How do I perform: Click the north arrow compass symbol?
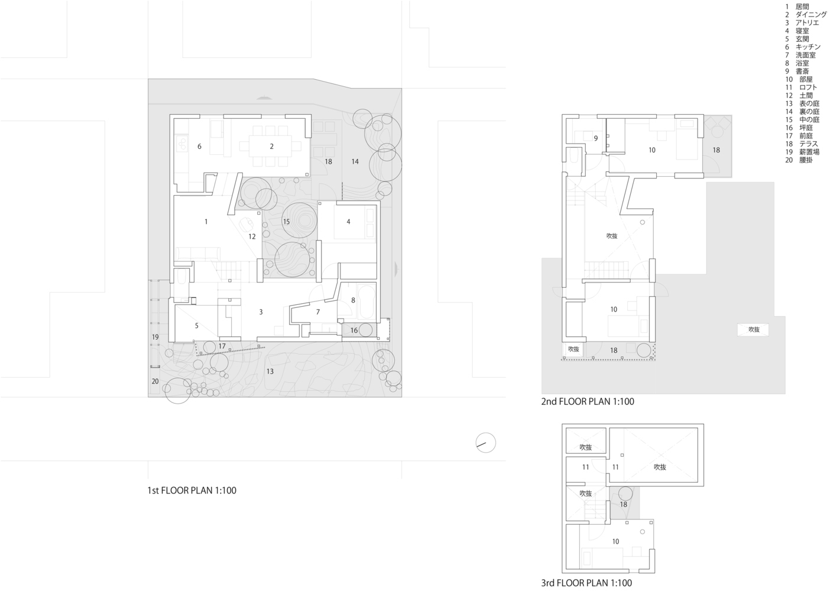click(x=486, y=443)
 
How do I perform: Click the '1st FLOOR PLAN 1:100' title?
click(x=192, y=491)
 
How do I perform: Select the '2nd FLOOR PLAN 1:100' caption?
click(x=587, y=402)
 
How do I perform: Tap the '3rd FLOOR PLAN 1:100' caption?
click(x=586, y=583)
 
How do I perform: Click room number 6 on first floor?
click(x=199, y=147)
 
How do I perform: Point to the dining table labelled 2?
click(x=271, y=146)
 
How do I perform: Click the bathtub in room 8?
click(x=367, y=301)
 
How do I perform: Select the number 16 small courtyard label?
click(x=354, y=330)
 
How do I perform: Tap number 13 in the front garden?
click(x=270, y=371)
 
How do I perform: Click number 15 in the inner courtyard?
click(x=286, y=222)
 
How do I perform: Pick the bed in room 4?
click(x=355, y=223)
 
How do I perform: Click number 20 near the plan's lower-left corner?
click(x=155, y=381)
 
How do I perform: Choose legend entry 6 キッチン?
click(x=803, y=47)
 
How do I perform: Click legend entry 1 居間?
click(x=799, y=7)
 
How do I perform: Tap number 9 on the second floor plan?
click(x=596, y=138)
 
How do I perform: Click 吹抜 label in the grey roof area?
click(x=754, y=330)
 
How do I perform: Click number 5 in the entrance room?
click(x=197, y=326)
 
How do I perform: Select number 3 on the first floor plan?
click(x=261, y=311)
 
